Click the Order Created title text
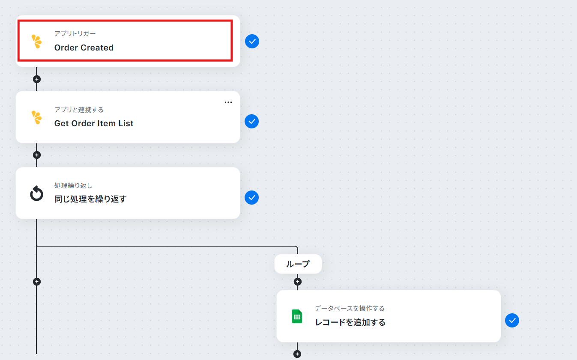84,48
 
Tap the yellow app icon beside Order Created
36,42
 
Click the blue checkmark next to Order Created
252,41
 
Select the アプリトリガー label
75,33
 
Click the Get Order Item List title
94,124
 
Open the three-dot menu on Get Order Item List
228,102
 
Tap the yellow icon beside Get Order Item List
36,117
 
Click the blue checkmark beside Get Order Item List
252,122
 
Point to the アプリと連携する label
79,110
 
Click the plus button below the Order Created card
37,79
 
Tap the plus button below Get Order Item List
37,155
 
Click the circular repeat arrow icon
36,193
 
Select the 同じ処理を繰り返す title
90,199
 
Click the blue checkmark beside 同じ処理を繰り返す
252,198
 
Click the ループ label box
298,264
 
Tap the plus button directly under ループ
298,282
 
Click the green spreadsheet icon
297,316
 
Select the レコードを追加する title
350,322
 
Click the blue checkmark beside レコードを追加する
512,320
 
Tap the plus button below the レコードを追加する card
297,354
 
